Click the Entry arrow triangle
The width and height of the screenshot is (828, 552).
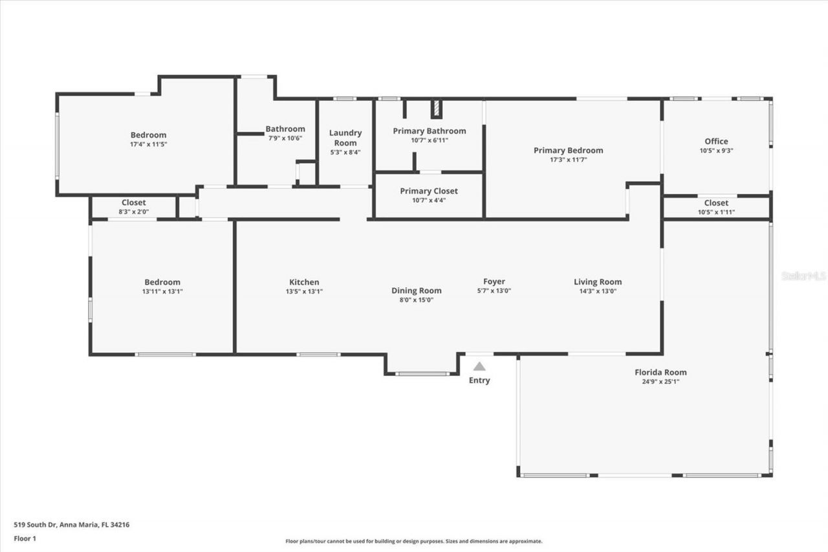(479, 366)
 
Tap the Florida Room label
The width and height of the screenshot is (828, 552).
(660, 372)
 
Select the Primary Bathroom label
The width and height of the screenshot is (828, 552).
(429, 131)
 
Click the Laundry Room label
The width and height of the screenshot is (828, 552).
(345, 138)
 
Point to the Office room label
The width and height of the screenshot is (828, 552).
(716, 141)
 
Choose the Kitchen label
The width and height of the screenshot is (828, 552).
(304, 282)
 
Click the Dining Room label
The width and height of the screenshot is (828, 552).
(417, 291)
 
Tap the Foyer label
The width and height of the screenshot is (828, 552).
(494, 282)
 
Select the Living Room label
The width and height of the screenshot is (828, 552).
(598, 282)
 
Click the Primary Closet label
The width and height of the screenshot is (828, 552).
(429, 191)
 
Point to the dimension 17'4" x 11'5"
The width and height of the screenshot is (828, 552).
(148, 144)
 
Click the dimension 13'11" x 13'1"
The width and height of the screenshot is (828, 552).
(162, 291)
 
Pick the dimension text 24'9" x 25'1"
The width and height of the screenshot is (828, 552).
(660, 382)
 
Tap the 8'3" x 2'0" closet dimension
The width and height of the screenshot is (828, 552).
(134, 212)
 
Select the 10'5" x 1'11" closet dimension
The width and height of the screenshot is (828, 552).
(716, 212)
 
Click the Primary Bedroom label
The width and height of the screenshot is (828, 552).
(568, 150)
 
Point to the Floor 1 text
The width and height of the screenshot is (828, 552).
(25, 538)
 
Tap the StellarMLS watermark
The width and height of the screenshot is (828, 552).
(803, 276)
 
